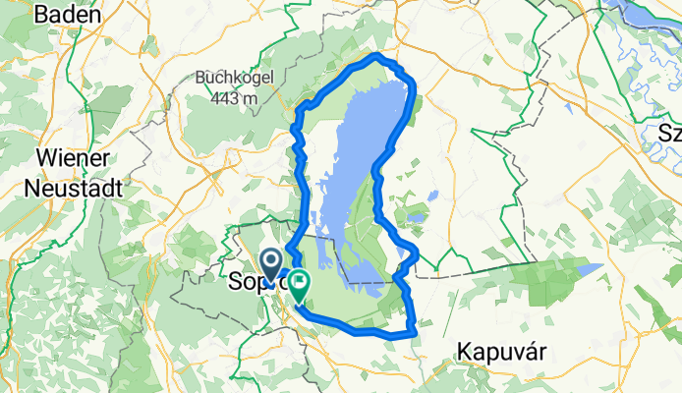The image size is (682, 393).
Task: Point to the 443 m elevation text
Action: [x=233, y=97]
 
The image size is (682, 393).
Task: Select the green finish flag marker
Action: [x=296, y=285]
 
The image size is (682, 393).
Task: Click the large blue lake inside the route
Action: [x=364, y=157]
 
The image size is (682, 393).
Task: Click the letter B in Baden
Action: [x=41, y=15]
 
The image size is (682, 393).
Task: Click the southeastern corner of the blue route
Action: [x=414, y=333]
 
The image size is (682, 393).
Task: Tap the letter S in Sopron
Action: [x=235, y=282]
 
